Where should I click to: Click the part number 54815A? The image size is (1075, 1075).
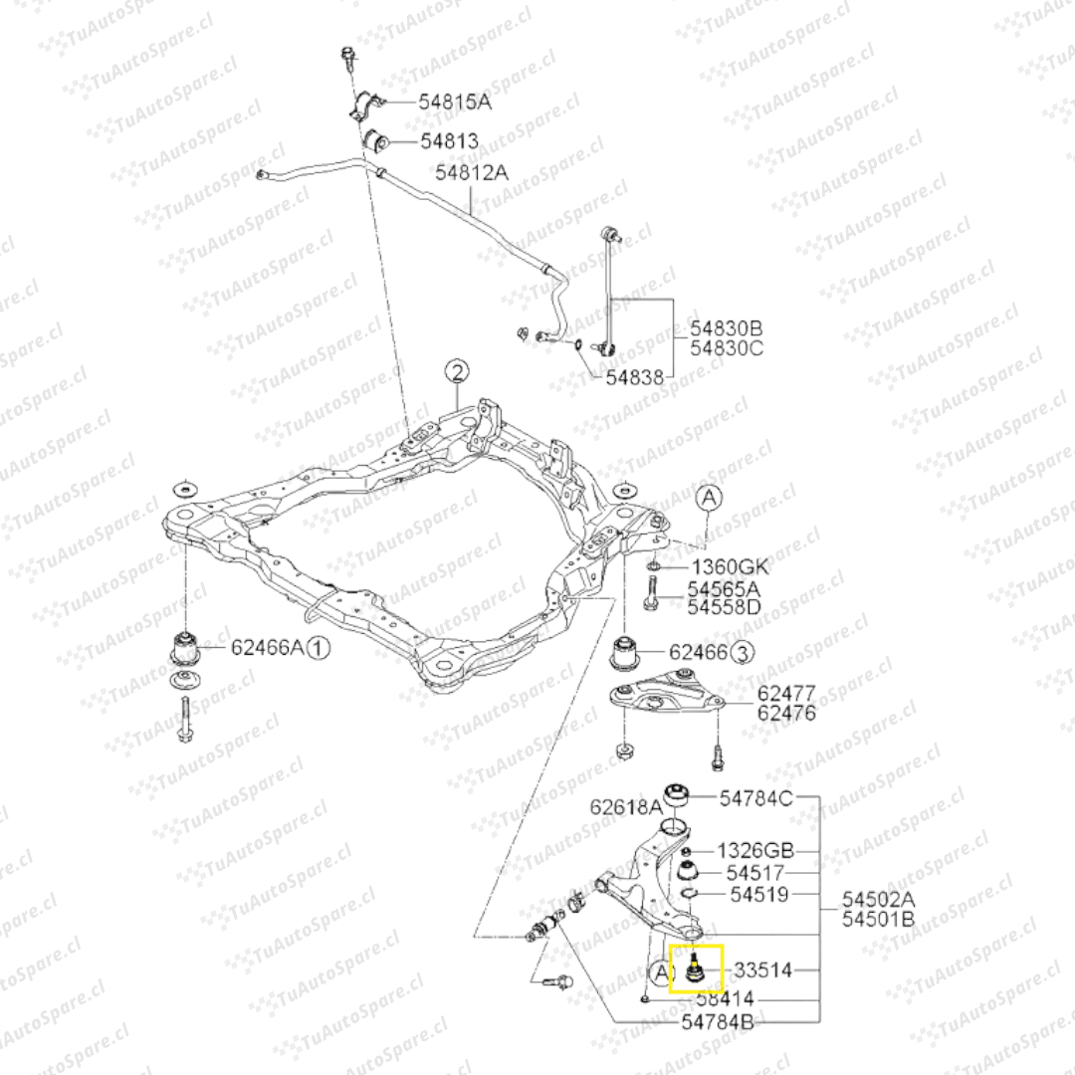tap(456, 102)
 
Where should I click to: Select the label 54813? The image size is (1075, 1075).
tap(448, 141)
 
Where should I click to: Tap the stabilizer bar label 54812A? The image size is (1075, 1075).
tap(471, 172)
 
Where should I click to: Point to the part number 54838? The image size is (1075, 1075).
tap(634, 377)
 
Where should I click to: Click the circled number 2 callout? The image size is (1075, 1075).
tap(455, 373)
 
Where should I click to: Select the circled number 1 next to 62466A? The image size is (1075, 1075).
tap(318, 649)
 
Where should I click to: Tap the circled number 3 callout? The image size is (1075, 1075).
tap(743, 653)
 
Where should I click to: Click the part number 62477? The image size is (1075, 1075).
tap(786, 693)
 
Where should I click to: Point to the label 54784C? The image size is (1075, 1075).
tap(756, 797)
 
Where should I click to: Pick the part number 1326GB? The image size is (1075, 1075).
tap(756, 851)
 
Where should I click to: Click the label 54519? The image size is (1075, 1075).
tap(759, 895)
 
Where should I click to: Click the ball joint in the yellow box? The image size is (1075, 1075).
tap(694, 967)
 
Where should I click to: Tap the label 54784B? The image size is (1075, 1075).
tap(718, 1022)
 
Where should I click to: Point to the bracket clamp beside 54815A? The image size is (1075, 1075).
tap(366, 107)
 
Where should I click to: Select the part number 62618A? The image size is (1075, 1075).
tap(626, 805)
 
